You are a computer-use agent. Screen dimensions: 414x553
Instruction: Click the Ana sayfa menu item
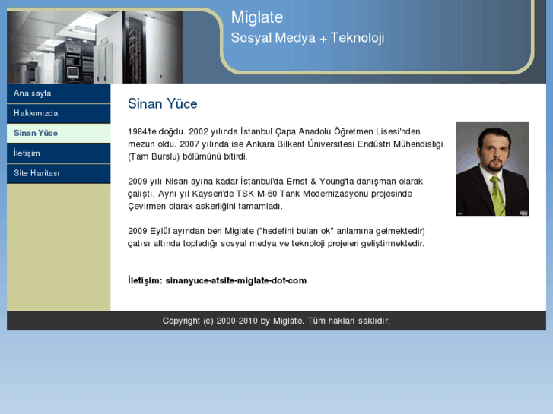coord(33,93)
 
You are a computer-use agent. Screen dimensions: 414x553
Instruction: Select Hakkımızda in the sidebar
coord(36,113)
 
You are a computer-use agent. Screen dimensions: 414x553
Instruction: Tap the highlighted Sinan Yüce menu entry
coord(36,133)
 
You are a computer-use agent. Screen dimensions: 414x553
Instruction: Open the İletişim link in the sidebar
coord(27,153)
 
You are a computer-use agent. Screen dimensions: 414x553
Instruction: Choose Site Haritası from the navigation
coord(37,173)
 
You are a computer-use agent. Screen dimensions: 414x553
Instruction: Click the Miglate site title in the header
coord(257,17)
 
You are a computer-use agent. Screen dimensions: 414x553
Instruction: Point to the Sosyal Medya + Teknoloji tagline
coord(307,38)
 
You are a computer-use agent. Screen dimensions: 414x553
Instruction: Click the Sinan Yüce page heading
coord(162,104)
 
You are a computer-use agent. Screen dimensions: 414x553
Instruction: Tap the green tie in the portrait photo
coord(497,194)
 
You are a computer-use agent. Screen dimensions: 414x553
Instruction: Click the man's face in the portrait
coord(490,153)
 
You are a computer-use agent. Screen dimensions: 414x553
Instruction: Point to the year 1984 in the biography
coord(138,131)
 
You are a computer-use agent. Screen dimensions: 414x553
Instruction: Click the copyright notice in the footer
coord(276,321)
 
